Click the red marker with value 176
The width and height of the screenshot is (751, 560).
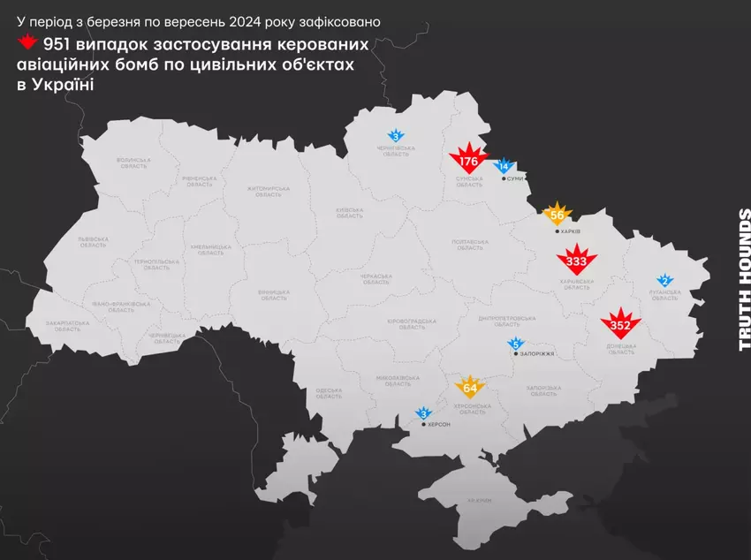point(468,161)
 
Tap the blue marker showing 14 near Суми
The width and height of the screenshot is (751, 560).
point(504,165)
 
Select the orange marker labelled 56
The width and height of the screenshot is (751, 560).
point(557,215)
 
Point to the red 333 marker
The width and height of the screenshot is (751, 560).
point(576,261)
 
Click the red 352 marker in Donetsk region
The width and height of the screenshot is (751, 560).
point(619,324)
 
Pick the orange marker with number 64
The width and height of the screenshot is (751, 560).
point(469,387)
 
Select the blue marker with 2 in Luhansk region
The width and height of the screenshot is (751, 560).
point(664,280)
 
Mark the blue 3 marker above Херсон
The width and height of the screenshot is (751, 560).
point(423,413)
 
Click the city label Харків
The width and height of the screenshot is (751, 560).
point(570,231)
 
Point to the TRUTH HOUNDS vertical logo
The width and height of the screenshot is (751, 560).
point(744,279)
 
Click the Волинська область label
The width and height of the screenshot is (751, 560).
point(133,163)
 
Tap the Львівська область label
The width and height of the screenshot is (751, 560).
point(93,241)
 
